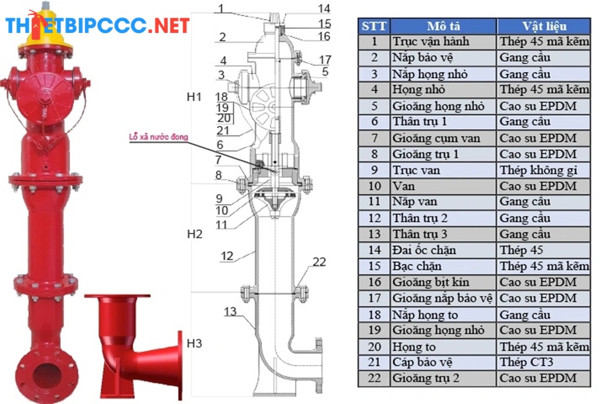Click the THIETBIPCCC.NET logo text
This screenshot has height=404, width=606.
pos(98,26)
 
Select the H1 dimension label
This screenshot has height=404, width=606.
pos(194,97)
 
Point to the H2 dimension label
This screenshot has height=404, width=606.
pos(194,234)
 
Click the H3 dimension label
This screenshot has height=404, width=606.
pos(194,344)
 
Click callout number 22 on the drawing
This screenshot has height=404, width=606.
pos(319,262)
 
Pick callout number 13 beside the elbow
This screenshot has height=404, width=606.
pos(230,311)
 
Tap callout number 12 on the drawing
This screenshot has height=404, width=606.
pos(226,256)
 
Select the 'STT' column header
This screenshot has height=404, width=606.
pos(374,26)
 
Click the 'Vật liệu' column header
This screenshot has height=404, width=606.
pos(543,26)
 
